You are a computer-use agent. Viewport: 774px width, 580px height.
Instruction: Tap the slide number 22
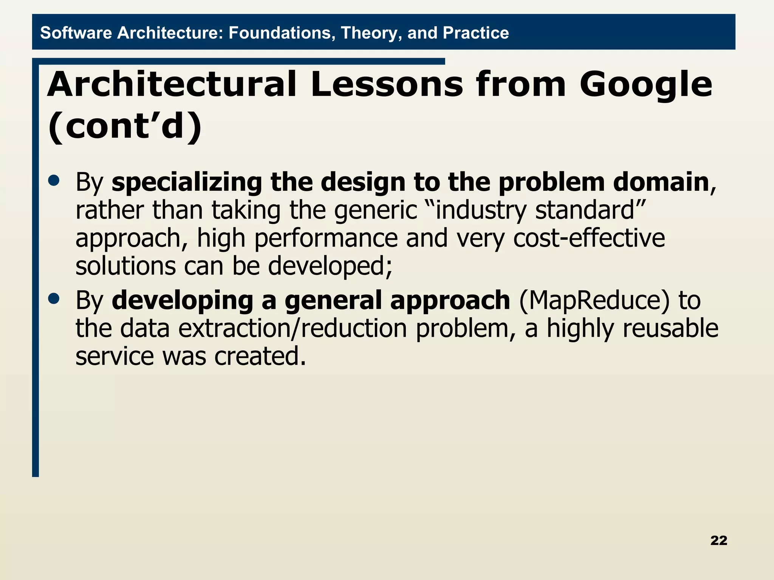pyautogui.click(x=718, y=540)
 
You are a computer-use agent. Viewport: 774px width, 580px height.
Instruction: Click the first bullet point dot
pyautogui.click(x=54, y=180)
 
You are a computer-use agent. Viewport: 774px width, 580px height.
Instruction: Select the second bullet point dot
pyautogui.click(x=54, y=299)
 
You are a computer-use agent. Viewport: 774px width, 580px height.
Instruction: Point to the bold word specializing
pyautogui.click(x=187, y=183)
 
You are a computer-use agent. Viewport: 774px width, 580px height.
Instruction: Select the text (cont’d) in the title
pyautogui.click(x=125, y=126)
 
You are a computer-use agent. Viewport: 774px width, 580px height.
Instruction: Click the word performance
pyautogui.click(x=326, y=239)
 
